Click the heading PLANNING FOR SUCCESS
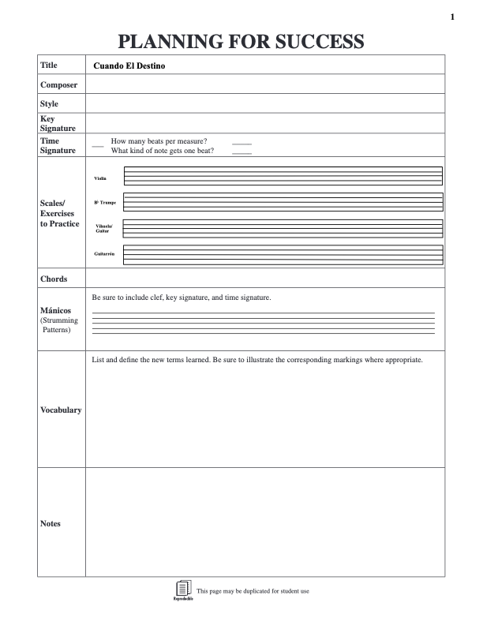tap(241, 42)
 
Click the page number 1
tap(452, 17)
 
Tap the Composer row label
tap(59, 84)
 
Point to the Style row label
tap(50, 103)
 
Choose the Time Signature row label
tap(58, 145)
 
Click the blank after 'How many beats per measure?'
tap(241, 142)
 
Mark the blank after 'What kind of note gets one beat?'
tap(241, 152)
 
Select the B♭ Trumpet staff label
tap(105, 203)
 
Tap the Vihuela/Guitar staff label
tap(103, 228)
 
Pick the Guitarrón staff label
tap(104, 253)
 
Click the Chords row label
tap(54, 279)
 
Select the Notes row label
tap(51, 523)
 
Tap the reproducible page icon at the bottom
tap(182, 589)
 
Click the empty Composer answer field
tap(264, 84)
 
